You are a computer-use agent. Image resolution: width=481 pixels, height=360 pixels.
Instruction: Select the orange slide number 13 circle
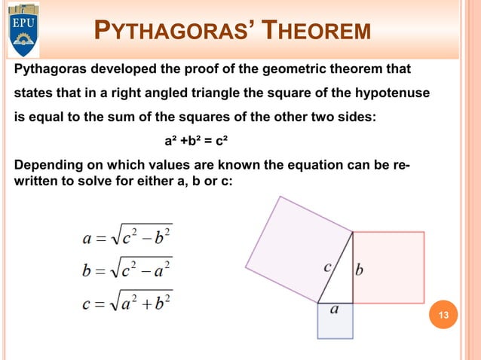(x=443, y=314)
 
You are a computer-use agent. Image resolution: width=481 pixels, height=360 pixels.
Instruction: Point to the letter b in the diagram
(x=360, y=269)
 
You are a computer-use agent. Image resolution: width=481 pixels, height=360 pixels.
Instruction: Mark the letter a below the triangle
(x=334, y=310)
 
